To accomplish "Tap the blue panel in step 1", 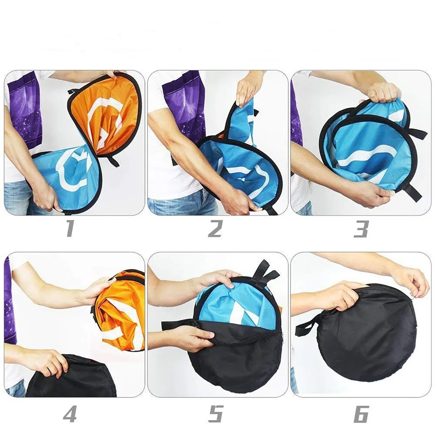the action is (70, 178).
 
